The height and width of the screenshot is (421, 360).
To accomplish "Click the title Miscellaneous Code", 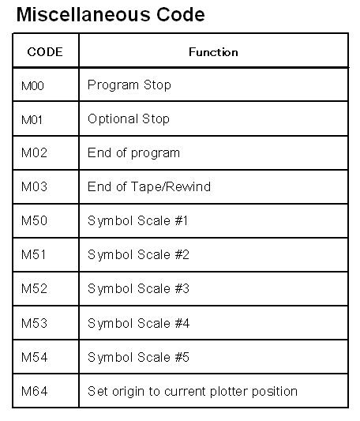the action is (111, 14).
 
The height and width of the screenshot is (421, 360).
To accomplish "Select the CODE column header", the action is (45, 52).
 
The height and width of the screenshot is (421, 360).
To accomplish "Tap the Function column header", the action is (213, 52).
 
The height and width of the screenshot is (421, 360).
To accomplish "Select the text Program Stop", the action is (129, 85).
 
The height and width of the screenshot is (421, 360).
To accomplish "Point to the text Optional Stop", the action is (129, 119).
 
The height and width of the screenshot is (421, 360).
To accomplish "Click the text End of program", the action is (133, 153).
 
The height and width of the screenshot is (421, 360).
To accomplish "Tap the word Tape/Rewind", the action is (171, 186).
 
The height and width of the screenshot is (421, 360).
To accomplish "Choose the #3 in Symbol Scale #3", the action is (182, 288).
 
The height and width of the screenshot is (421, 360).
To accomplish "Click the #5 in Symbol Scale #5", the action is (182, 357).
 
